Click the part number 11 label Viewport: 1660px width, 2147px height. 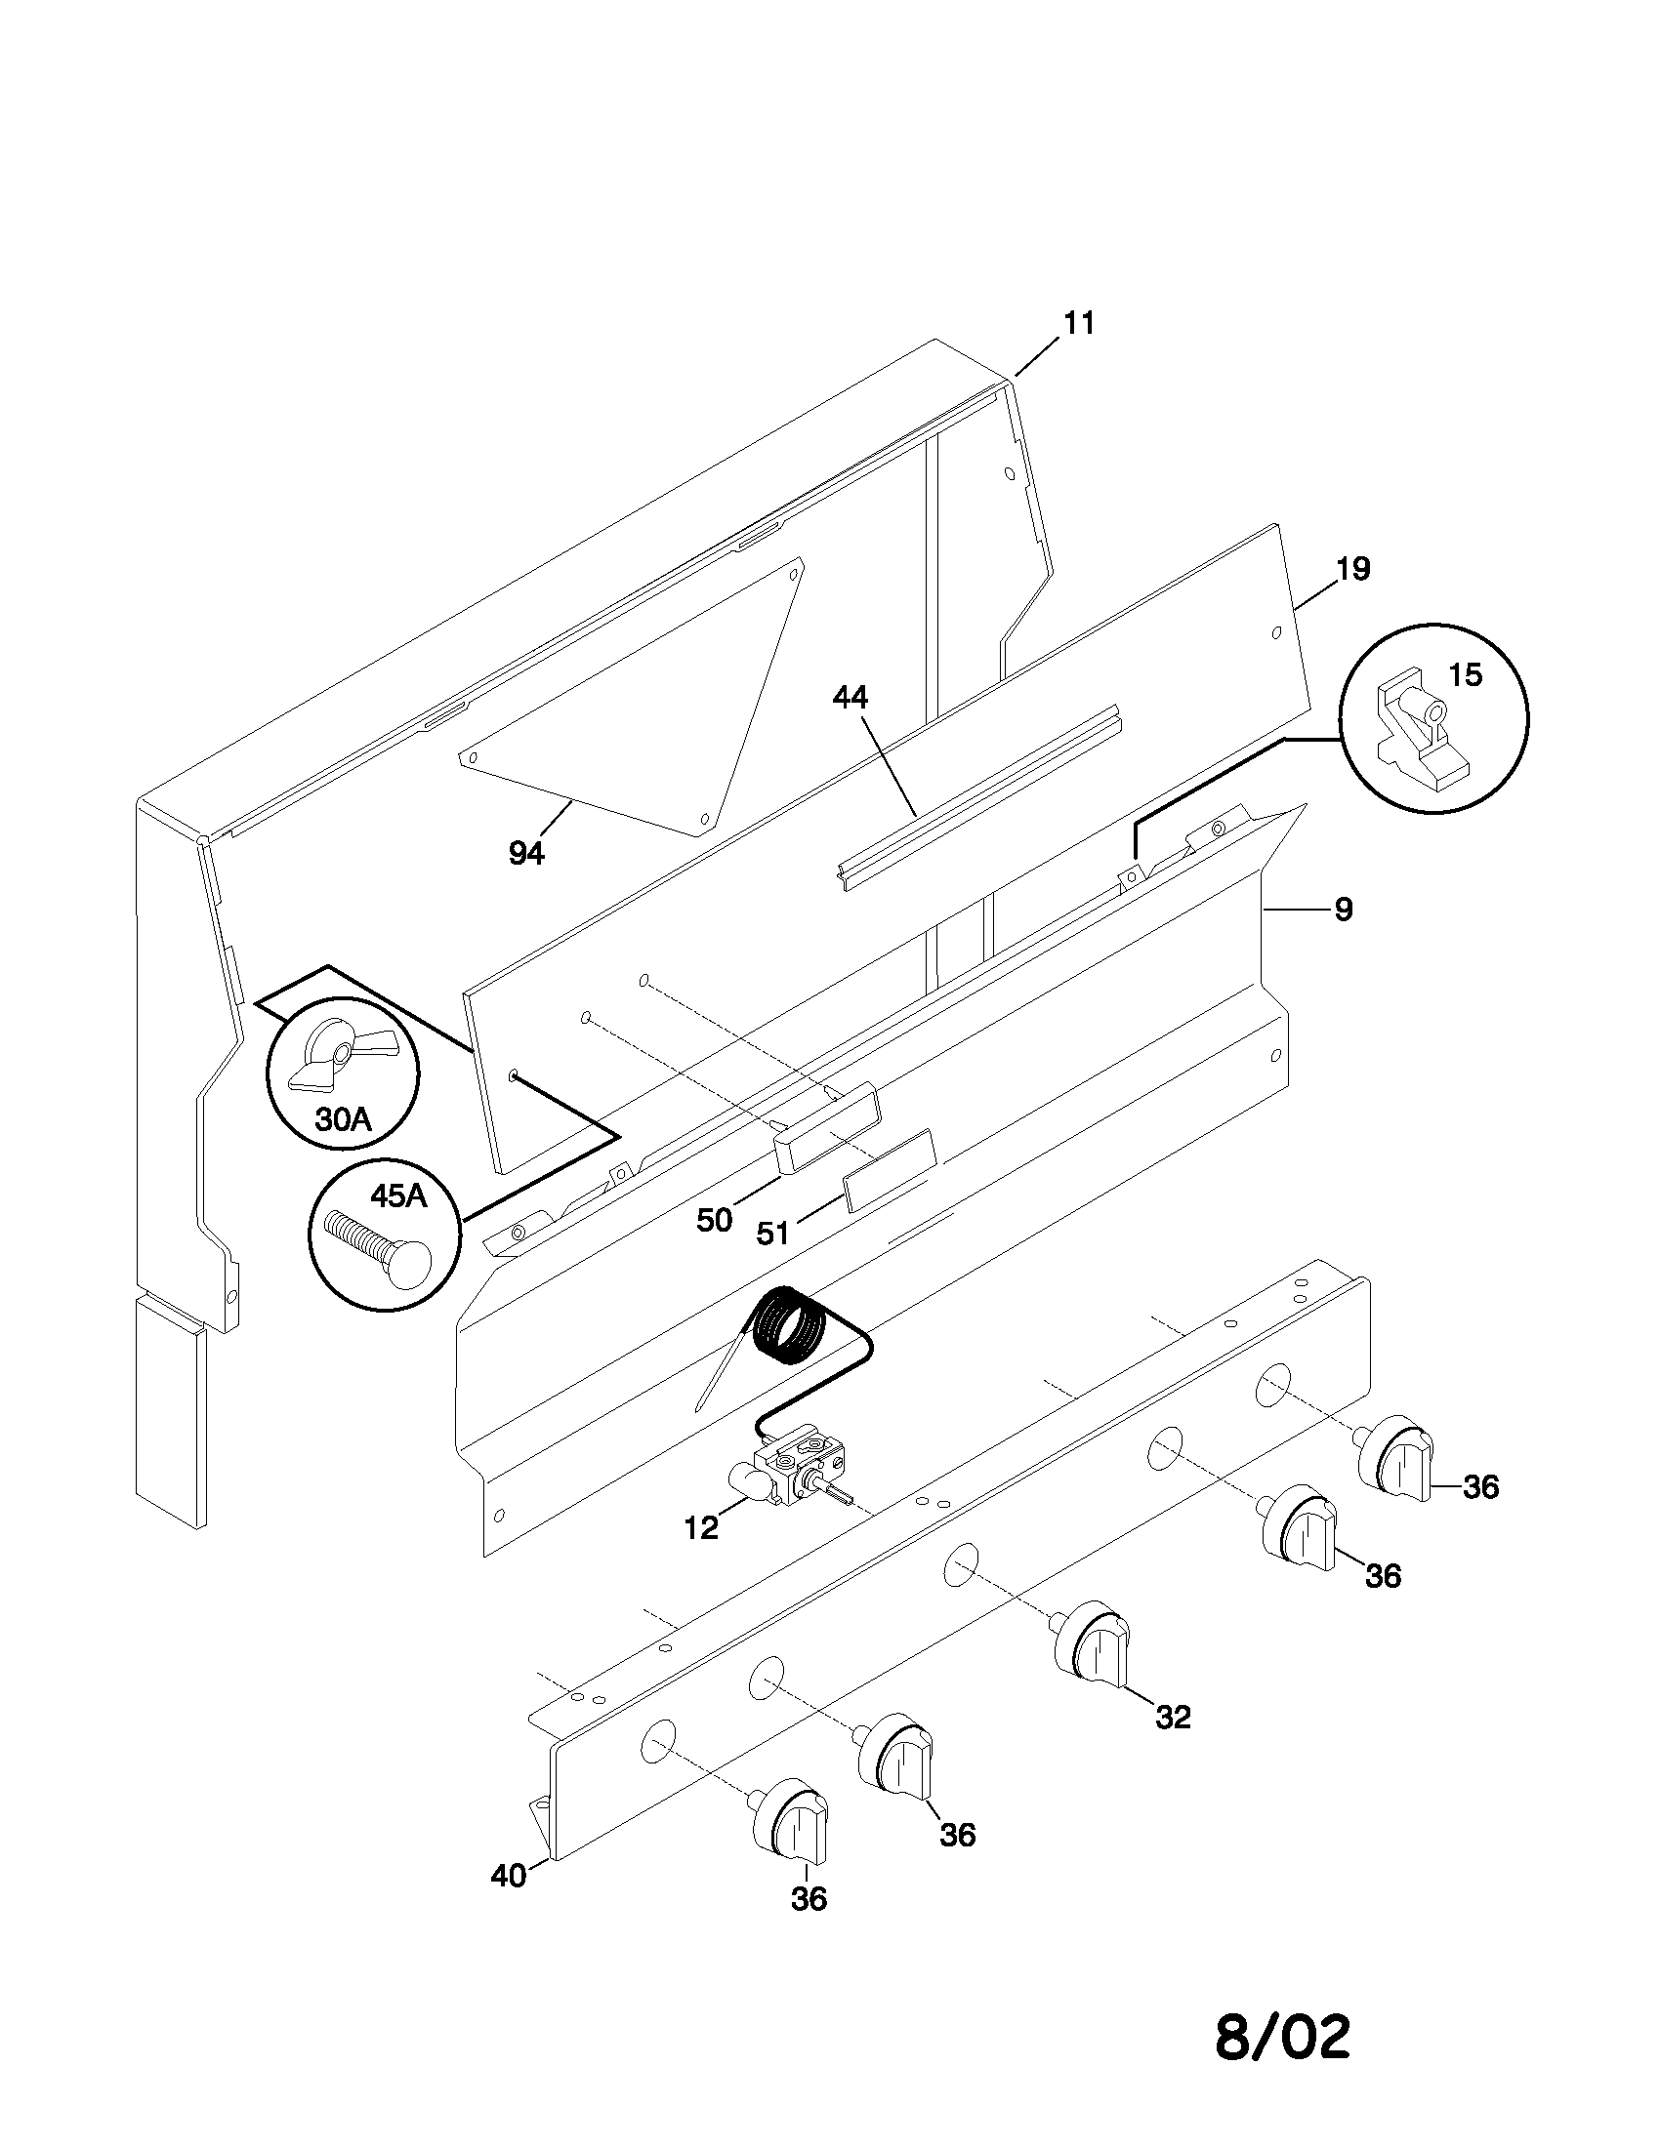point(1079,323)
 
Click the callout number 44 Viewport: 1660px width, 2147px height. point(851,698)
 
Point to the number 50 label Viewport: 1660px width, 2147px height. point(715,1220)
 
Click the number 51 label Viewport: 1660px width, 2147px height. point(773,1233)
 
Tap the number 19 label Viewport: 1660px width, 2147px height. point(1353,569)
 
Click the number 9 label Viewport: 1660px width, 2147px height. point(1344,910)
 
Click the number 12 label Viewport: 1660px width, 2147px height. point(702,1528)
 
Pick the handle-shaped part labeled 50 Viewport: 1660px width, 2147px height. point(826,1128)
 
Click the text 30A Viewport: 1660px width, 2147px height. point(342,1118)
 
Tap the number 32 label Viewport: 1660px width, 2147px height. point(1173,1718)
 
